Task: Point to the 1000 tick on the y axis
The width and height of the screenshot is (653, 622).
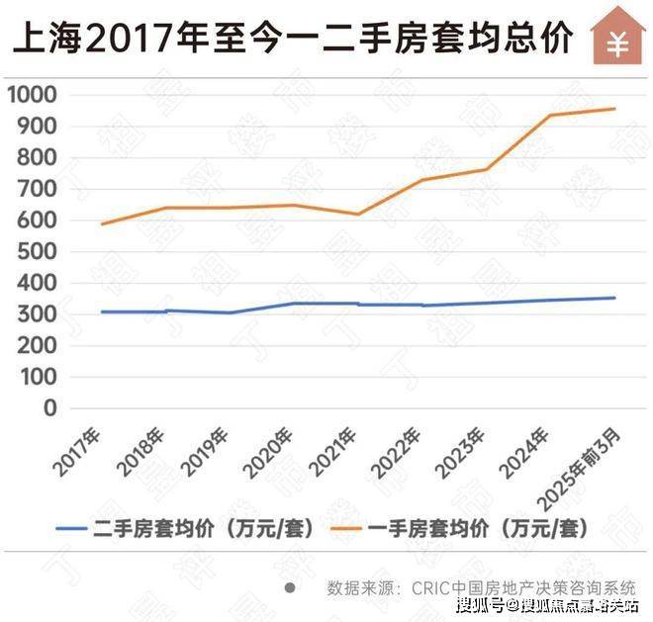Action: pyautogui.click(x=32, y=95)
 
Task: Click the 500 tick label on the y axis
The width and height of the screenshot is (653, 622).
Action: pyautogui.click(x=38, y=251)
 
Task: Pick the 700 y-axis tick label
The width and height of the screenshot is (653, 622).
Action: pyautogui.click(x=38, y=189)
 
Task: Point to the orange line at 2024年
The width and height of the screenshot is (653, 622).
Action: pyautogui.click(x=550, y=116)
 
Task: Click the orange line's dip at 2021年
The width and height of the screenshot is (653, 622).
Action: pyautogui.click(x=358, y=214)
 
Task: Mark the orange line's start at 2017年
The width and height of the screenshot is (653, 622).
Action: pyautogui.click(x=102, y=223)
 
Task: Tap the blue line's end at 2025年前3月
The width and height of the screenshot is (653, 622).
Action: pyautogui.click(x=614, y=298)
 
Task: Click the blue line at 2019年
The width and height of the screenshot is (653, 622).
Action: pyautogui.click(x=230, y=312)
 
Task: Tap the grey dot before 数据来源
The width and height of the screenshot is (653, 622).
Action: pyautogui.click(x=290, y=586)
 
